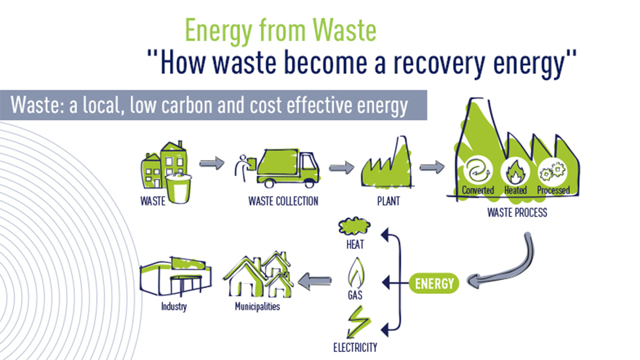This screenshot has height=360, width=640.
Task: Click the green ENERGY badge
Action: (x=434, y=283)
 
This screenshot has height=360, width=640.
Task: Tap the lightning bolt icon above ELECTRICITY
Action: (x=358, y=322)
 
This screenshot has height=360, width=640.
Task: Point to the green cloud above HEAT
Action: (x=354, y=226)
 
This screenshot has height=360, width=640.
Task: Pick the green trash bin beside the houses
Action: (x=178, y=188)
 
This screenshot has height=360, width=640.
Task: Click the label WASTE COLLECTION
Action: (x=283, y=201)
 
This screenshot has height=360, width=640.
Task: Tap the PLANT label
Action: (x=388, y=201)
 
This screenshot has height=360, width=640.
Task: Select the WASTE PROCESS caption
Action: (x=517, y=212)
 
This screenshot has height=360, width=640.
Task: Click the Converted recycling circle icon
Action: (x=478, y=171)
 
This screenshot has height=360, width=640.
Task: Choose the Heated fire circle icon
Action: (x=515, y=172)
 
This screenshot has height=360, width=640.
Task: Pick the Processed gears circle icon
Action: (x=553, y=172)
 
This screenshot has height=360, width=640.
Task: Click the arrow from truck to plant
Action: (x=342, y=167)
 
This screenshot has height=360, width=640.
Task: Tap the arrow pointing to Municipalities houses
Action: (x=315, y=281)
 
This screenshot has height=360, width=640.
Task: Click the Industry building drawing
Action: (x=176, y=277)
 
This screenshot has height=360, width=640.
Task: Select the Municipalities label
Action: (x=257, y=306)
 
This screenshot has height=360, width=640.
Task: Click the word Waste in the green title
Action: (x=345, y=31)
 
